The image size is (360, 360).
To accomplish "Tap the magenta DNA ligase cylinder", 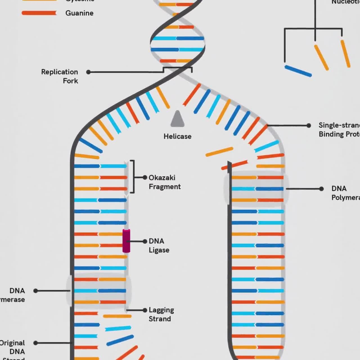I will [126, 241].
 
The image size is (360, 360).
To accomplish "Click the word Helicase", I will [177, 136].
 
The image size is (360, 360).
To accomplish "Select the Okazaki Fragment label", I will [165, 182].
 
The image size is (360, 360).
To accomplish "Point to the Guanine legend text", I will [79, 13].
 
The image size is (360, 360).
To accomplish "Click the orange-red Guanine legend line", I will [39, 13].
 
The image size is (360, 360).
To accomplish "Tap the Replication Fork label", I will [60, 76].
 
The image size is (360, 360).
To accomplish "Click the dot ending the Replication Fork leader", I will [88, 72].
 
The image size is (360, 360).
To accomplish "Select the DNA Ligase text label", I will [159, 246].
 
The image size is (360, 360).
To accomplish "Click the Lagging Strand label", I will [161, 314].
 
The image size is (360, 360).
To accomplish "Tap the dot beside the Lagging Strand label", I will [145, 310].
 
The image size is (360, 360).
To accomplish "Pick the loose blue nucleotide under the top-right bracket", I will [298, 71].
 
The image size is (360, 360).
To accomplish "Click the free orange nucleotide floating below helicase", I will [219, 152].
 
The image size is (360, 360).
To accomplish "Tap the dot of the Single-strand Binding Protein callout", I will [309, 125].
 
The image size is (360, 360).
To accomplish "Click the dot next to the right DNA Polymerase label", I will [321, 189].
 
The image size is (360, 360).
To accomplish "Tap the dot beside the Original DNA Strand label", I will [36, 343].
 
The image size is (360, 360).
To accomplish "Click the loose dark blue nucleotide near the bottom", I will [120, 340].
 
